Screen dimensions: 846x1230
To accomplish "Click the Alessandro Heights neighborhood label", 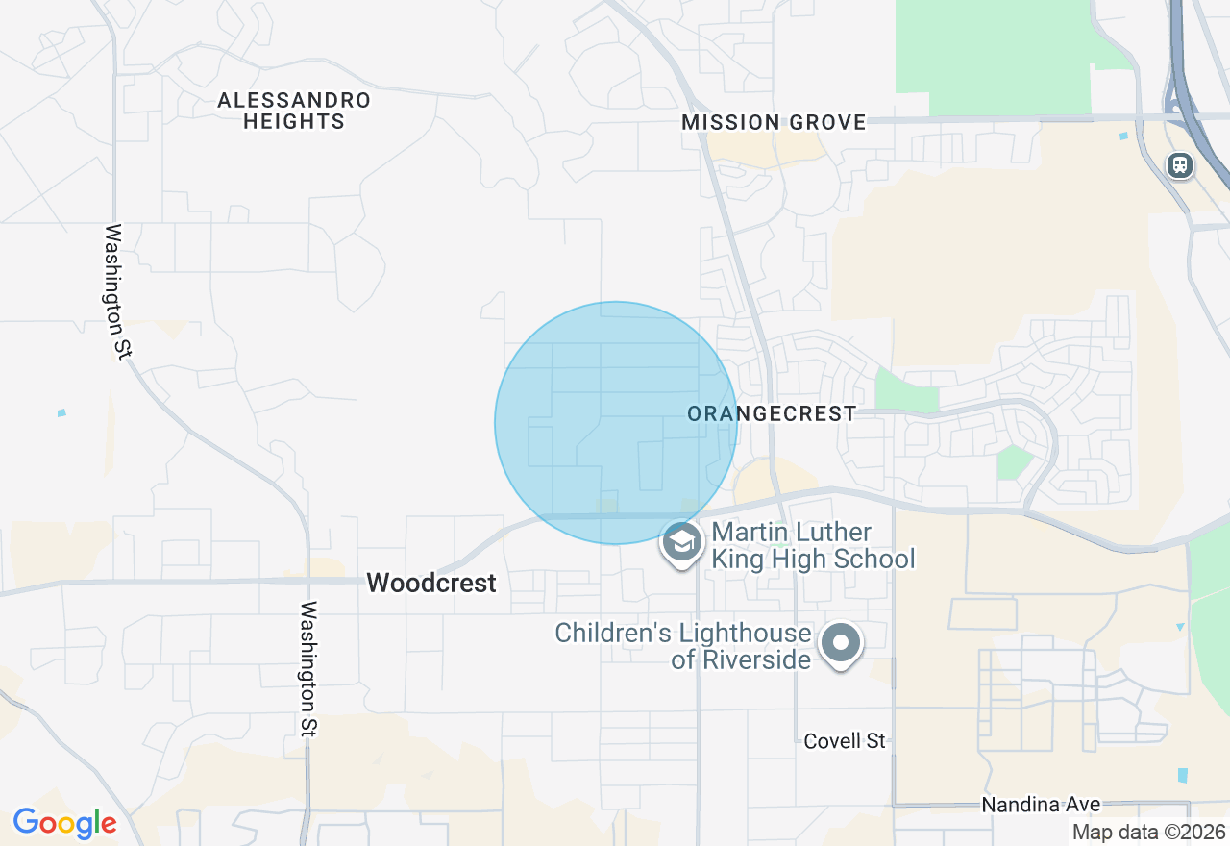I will tap(293, 111).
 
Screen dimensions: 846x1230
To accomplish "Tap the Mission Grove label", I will tap(774, 123).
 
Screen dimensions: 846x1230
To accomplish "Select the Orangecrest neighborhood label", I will tap(772, 414).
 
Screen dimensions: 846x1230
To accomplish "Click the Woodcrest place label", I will tap(431, 583).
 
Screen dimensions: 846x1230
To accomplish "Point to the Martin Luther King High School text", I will tap(813, 545).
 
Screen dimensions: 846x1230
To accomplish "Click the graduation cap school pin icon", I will tap(682, 543).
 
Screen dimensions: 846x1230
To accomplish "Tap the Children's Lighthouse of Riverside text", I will tap(683, 646).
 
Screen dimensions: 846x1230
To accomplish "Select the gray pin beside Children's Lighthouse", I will tap(842, 643).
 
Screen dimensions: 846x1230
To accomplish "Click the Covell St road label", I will tap(845, 741).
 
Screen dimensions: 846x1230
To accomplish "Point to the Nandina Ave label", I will tap(1041, 805).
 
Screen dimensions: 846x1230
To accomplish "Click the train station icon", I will tap(1180, 165).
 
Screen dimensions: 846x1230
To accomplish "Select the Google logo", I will tap(64, 824).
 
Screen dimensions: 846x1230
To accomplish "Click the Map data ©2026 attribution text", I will tap(1148, 833).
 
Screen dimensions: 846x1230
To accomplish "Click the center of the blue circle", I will tap(616, 423).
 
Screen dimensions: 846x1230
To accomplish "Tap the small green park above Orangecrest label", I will tap(906, 389).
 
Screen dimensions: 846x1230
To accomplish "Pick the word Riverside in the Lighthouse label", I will tap(754, 660).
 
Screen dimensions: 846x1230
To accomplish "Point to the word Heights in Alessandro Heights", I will tap(293, 122).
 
